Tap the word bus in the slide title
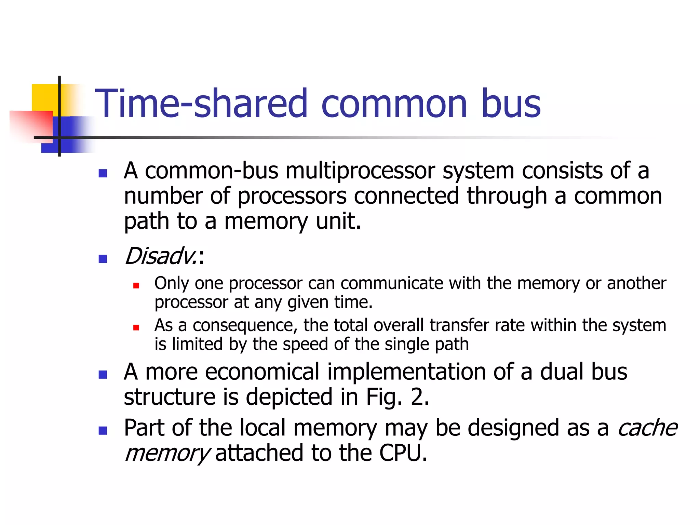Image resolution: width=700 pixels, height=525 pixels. [x=511, y=103]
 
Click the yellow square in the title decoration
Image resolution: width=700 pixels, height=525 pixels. [x=44, y=97]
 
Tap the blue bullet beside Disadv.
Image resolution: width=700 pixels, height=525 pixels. [x=103, y=259]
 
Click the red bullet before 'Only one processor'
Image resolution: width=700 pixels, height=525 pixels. [x=136, y=285]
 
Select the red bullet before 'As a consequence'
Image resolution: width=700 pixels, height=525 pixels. [x=136, y=327]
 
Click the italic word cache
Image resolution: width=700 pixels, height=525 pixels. [x=647, y=428]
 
